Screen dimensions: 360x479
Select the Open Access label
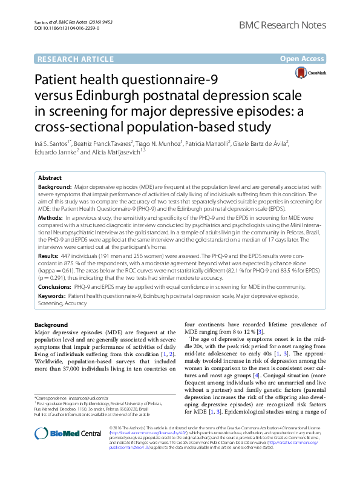pyautogui.click(x=302, y=59)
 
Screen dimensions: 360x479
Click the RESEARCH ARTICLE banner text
pyautogui.click(x=75, y=59)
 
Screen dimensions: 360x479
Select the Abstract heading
pyautogui.click(x=50, y=178)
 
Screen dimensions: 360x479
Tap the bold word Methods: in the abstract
pyautogui.click(x=50, y=216)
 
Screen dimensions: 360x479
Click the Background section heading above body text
pyautogui.click(x=51, y=325)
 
